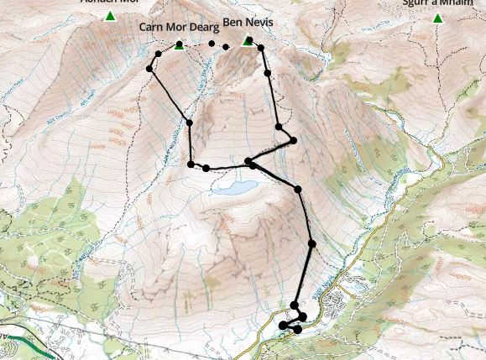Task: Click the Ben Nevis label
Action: point(248,22)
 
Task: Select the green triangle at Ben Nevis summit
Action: point(248,40)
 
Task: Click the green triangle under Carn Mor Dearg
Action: point(179,45)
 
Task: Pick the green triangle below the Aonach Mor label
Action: point(110,15)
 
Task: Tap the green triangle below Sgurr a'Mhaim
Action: point(437,18)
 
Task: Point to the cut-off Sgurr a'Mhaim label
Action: point(432,3)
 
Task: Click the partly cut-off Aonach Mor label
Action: point(109,3)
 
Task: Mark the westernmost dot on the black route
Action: point(150,68)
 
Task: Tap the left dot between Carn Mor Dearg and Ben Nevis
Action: point(212,44)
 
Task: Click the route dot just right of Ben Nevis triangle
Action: point(260,48)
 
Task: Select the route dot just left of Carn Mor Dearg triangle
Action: point(159,55)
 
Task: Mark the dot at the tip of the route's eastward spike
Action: point(293,140)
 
